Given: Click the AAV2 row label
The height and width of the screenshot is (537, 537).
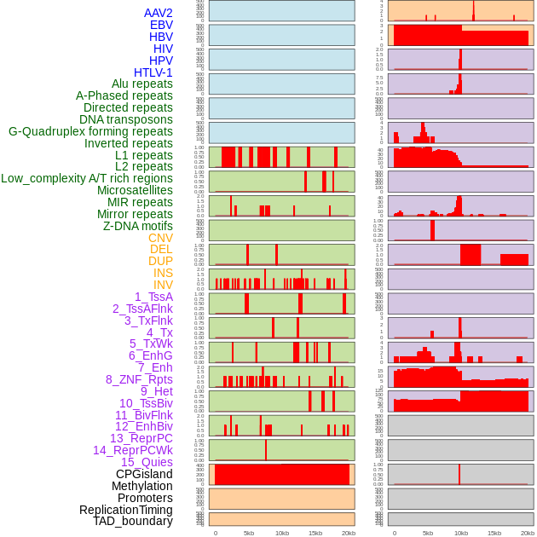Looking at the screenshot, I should point(159,13).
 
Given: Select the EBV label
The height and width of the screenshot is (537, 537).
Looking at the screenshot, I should point(161,25).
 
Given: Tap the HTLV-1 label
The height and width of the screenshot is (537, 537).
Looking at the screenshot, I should point(153,72).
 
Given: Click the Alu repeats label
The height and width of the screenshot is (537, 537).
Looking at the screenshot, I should point(142,84).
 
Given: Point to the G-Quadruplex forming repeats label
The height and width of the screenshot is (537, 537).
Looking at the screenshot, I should point(90,131).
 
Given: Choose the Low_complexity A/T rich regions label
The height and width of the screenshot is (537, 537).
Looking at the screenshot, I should point(87,178).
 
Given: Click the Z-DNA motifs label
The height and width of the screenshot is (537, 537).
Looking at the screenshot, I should point(138,226).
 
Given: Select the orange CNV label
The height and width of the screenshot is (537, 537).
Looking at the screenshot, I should point(160,238).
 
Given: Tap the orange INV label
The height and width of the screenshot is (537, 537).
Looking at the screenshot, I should point(163,285).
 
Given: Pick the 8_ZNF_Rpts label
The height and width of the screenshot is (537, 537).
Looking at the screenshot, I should point(139,379).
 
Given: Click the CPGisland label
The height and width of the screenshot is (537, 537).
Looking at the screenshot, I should point(144,474).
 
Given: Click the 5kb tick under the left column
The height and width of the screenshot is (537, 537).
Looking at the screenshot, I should point(249,533).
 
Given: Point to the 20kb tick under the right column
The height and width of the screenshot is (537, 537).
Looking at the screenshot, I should point(528,533).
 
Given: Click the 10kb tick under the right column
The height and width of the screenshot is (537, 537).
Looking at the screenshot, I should point(460,533).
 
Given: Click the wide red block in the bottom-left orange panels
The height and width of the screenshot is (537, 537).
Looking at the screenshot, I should point(282,474).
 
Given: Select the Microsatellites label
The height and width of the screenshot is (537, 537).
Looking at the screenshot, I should point(135,190).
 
